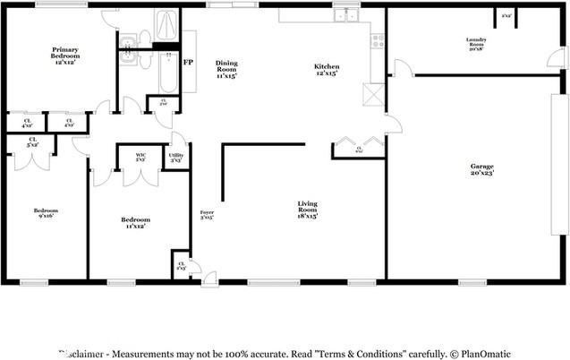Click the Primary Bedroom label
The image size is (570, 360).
65,53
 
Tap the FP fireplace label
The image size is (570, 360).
188,63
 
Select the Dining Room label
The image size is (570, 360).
225,70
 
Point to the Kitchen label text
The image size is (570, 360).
326,70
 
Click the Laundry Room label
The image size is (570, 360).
474,42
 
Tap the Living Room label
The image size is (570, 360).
308,210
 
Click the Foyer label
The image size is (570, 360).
206,213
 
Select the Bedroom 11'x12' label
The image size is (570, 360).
135,222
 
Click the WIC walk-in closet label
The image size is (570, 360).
140,158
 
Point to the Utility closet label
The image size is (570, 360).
176,158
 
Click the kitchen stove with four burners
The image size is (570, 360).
378,40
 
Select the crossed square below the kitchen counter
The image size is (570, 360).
372,95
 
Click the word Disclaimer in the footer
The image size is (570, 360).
85,354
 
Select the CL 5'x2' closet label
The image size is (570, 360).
32,141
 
